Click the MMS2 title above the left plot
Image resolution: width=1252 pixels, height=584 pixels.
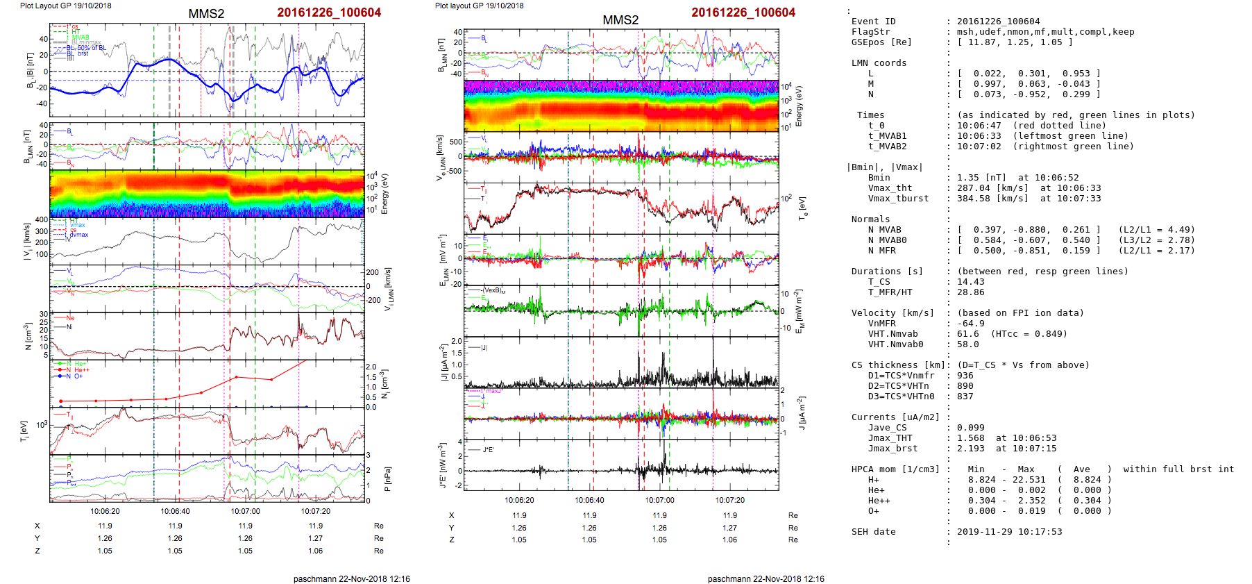click(206, 14)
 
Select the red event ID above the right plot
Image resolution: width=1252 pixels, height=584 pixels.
click(743, 12)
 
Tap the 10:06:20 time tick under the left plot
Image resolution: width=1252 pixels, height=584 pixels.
click(105, 511)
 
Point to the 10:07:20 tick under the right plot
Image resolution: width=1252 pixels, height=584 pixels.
click(729, 500)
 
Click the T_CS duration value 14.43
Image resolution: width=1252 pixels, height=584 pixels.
click(970, 282)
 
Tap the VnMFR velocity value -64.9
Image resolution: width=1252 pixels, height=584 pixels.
click(970, 324)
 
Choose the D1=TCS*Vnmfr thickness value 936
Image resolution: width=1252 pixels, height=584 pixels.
click(965, 376)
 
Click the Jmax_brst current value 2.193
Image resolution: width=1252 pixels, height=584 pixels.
click(970, 449)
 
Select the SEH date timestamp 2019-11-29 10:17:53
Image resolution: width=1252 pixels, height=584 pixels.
click(1009, 532)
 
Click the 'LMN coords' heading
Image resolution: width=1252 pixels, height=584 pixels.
click(879, 63)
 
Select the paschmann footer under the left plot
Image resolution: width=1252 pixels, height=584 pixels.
click(351, 578)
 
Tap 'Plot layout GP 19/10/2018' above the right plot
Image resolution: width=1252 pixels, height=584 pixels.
click(479, 6)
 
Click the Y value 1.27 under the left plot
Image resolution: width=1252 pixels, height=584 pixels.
click(316, 538)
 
